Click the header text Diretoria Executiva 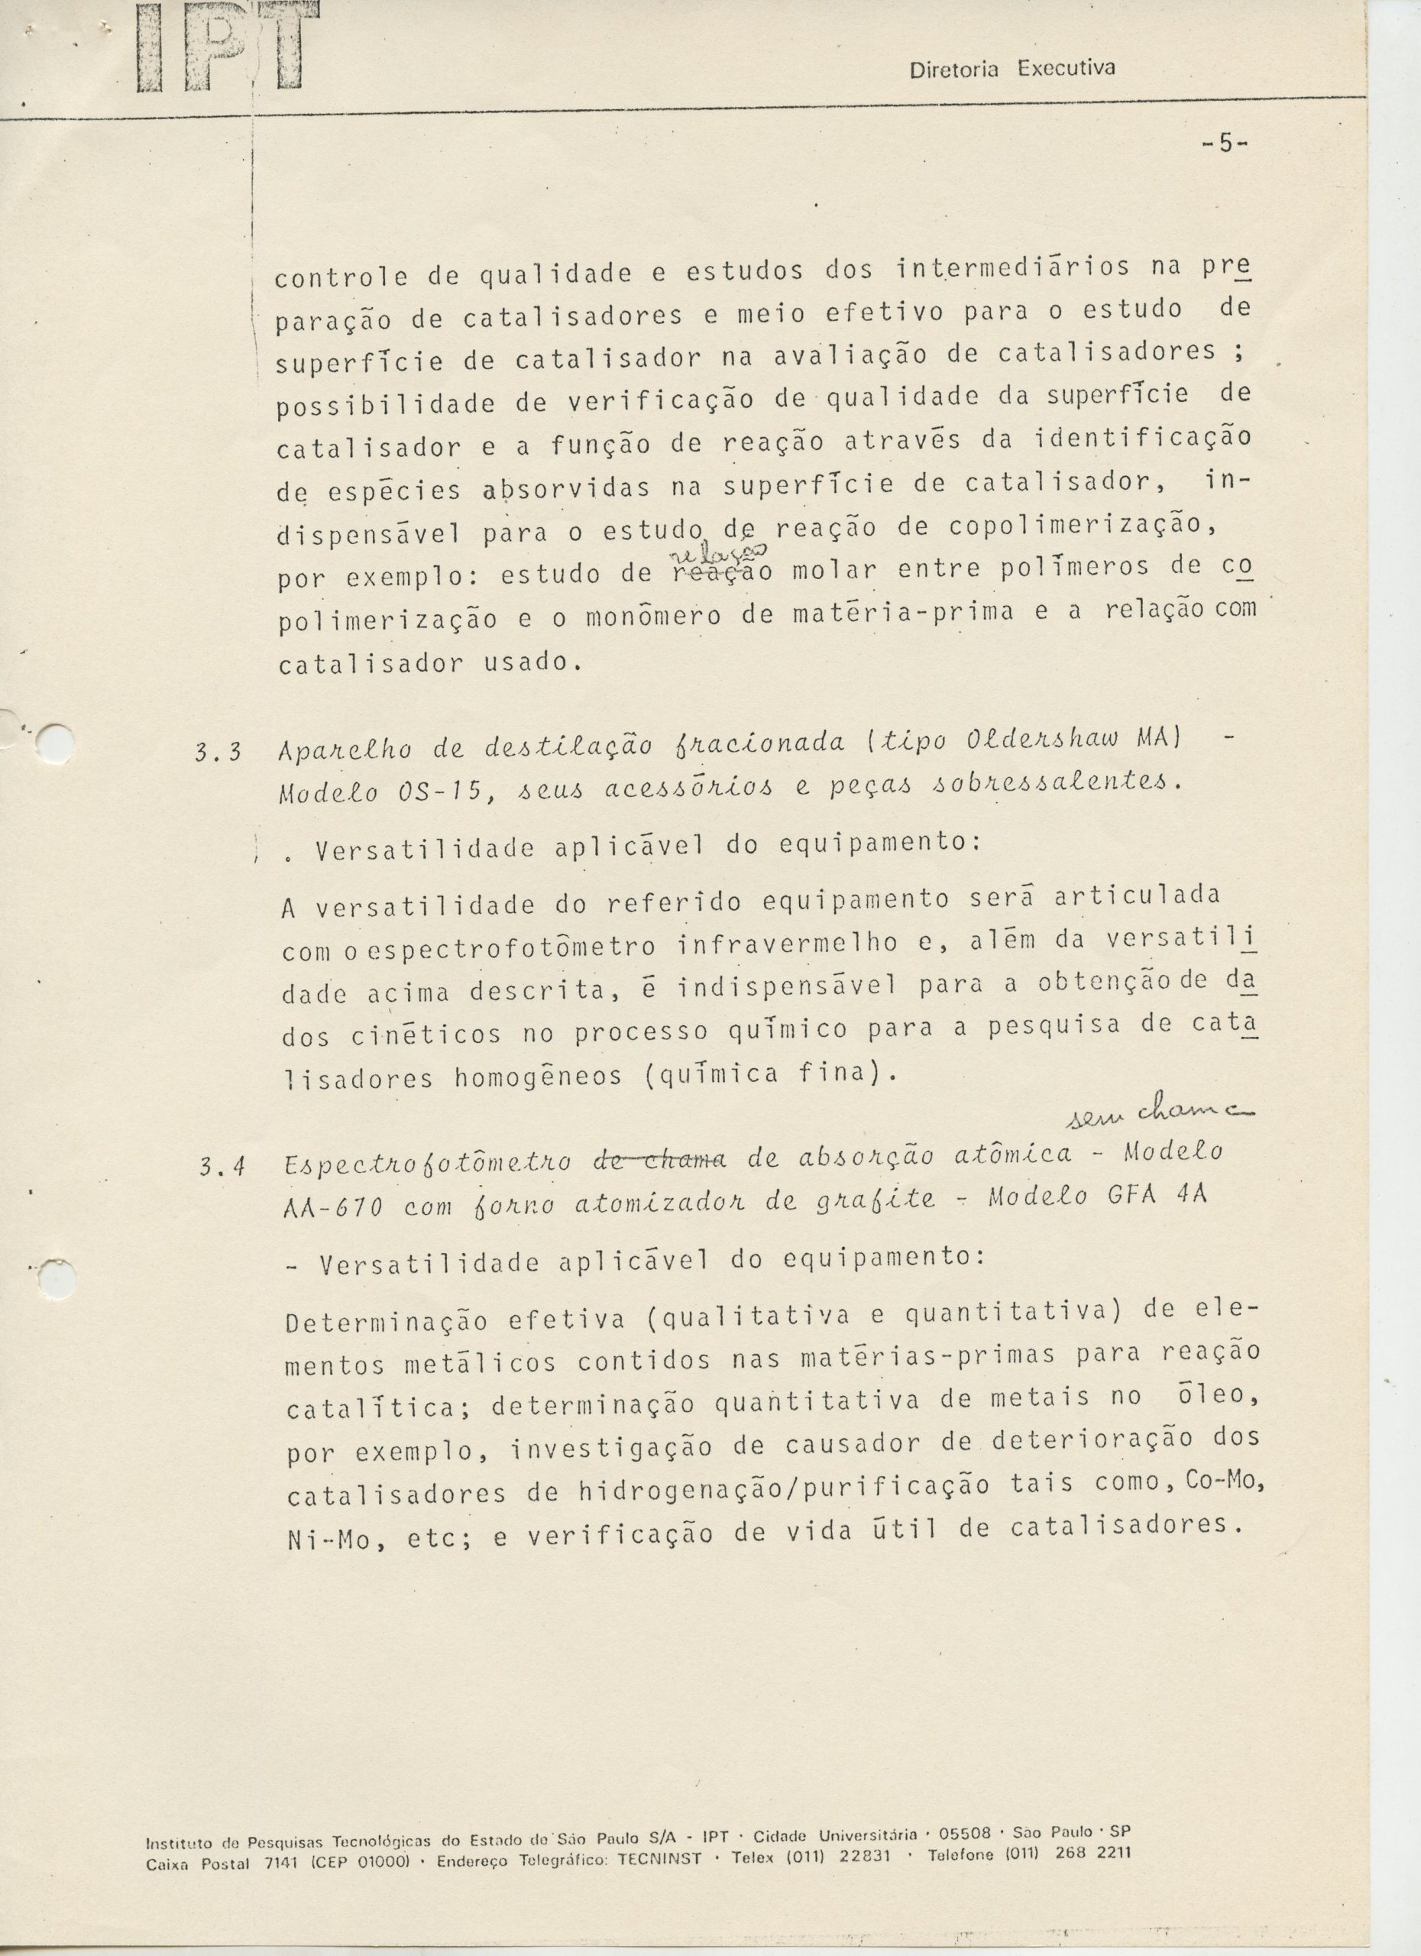point(1012,69)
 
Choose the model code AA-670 point(332,1206)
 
